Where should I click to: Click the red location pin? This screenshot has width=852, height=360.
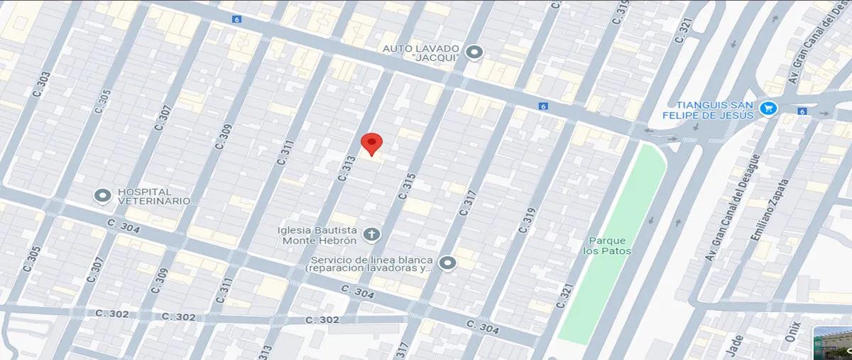(x=371, y=143)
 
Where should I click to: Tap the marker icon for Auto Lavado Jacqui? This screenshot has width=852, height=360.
(x=474, y=53)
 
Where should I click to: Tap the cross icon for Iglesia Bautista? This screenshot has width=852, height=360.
(x=371, y=234)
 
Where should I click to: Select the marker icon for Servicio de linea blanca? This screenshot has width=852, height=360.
(x=447, y=263)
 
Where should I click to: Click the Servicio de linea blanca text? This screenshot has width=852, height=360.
(x=369, y=264)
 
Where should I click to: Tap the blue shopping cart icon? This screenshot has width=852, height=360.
(x=768, y=109)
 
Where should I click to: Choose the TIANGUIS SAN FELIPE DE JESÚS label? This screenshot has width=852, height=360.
(x=714, y=109)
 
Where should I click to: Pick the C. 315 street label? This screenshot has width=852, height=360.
(x=405, y=187)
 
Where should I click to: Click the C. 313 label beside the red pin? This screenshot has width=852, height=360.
(x=347, y=168)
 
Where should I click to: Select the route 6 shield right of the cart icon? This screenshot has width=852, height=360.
(x=802, y=111)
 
